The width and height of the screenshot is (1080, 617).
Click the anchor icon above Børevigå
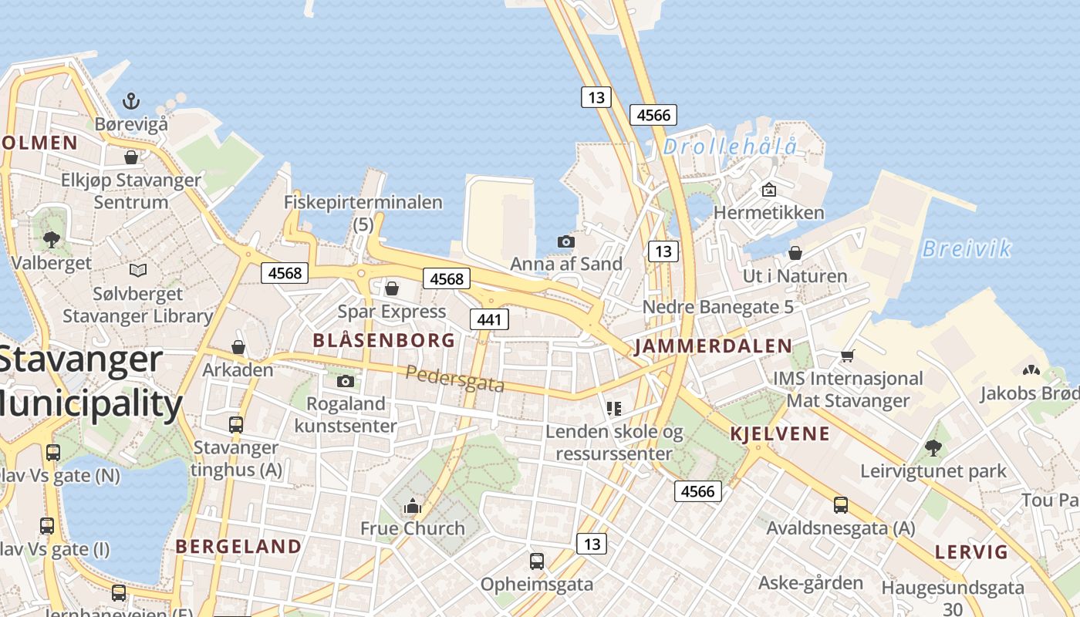[131, 101]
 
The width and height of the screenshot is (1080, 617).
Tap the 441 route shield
[490, 319]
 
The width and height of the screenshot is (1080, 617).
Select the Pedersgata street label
[455, 379]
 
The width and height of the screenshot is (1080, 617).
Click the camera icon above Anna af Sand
[565, 242]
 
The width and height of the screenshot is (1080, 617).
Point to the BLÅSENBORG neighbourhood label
[383, 340]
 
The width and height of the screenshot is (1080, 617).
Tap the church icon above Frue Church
[413, 506]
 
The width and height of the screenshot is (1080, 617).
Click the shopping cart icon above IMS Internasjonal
[847, 356]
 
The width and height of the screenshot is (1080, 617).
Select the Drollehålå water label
[730, 147]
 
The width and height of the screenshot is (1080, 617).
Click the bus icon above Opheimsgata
[537, 561]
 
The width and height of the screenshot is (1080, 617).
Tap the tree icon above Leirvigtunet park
[933, 448]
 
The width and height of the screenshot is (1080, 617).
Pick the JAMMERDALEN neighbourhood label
[713, 346]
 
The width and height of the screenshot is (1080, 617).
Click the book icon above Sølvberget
[138, 271]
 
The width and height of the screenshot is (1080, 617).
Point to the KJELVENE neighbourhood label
[780, 433]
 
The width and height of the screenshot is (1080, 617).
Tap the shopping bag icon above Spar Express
[392, 288]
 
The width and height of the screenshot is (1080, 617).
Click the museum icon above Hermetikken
[768, 190]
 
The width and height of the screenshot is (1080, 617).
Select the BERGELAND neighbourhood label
[238, 547]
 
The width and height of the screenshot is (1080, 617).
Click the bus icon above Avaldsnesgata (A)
[840, 505]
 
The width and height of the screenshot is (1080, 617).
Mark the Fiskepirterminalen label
[363, 203]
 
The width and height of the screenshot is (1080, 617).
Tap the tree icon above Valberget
[52, 239]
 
